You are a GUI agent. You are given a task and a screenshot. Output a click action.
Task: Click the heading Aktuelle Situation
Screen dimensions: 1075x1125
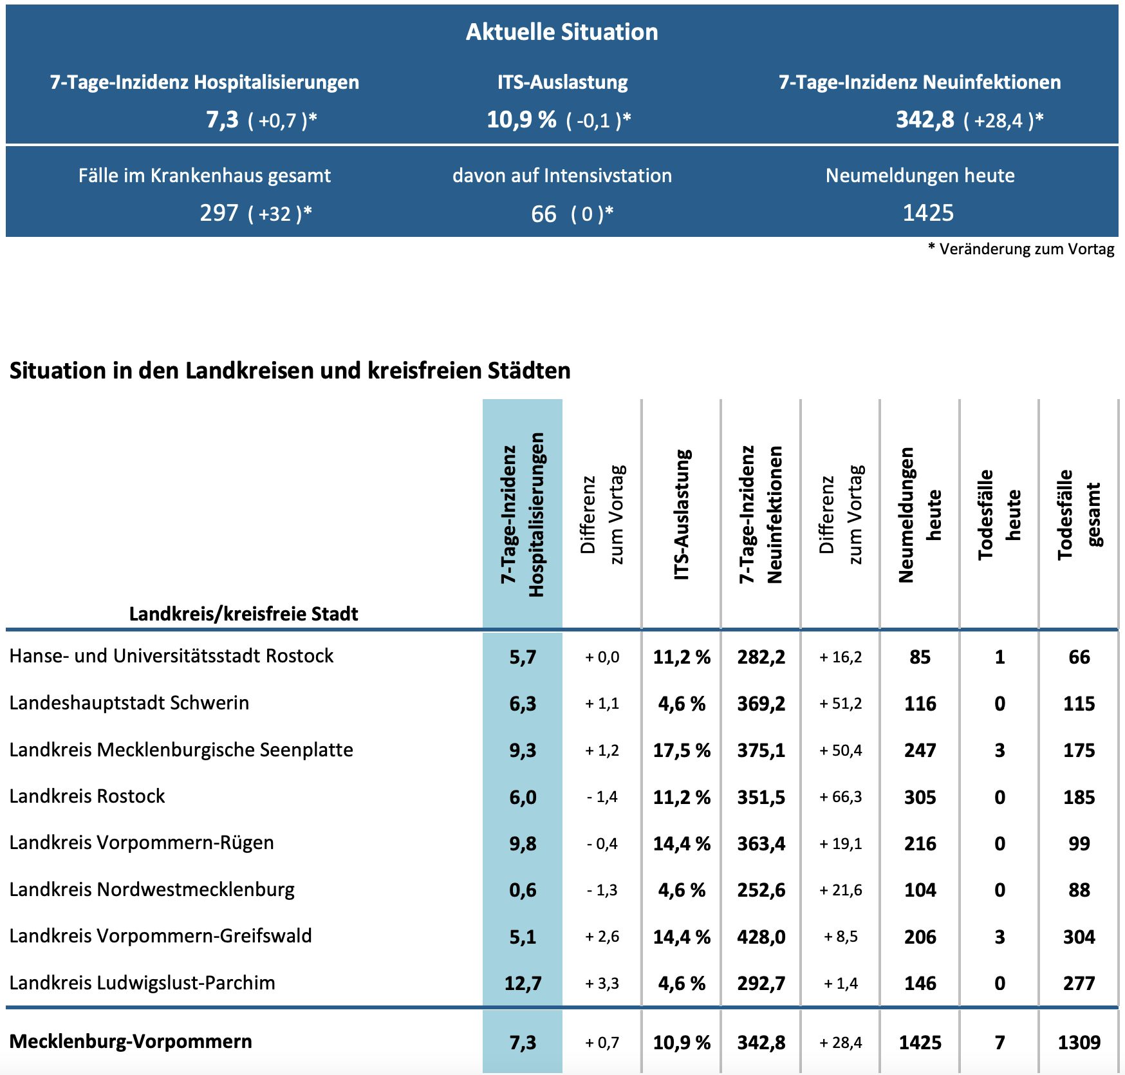click(x=562, y=32)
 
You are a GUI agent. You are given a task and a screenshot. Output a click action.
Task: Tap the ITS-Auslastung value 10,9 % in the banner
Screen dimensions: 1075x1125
click(x=521, y=120)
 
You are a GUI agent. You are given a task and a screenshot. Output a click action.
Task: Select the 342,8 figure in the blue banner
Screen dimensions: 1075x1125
click(x=925, y=120)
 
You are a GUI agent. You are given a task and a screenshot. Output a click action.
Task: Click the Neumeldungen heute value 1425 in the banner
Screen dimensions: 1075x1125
click(x=927, y=213)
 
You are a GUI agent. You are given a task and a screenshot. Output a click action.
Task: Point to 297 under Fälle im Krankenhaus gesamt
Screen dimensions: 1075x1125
click(x=219, y=213)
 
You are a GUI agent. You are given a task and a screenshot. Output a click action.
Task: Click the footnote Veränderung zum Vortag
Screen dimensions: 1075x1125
click(x=1026, y=249)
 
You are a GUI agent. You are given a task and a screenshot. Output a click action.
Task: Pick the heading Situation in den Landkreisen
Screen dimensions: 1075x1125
click(x=290, y=371)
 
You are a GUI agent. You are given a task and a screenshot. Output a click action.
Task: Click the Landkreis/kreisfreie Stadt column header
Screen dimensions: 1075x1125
click(x=243, y=613)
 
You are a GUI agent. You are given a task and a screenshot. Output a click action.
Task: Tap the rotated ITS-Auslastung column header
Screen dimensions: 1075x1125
click(x=681, y=515)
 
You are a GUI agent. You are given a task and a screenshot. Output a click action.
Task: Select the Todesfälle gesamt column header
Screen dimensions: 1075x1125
click(x=1079, y=515)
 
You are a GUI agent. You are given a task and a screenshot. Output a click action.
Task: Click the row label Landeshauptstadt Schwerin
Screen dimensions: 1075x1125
click(x=129, y=703)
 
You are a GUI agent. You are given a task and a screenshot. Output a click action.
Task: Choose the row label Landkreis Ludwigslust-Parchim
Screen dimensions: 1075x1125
click(x=142, y=983)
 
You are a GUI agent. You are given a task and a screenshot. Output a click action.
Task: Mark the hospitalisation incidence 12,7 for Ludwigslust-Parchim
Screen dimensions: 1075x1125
click(x=523, y=984)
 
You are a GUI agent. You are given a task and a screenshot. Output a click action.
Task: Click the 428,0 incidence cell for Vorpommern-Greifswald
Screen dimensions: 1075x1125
click(x=761, y=937)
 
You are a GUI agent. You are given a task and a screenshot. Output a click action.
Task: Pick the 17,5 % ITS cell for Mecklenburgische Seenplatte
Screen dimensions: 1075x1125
click(x=682, y=751)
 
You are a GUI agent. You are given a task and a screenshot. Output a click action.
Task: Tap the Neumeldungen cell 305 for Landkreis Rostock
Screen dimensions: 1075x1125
click(x=920, y=798)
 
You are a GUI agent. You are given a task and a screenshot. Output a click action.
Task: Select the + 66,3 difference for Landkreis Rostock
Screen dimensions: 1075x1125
click(x=841, y=798)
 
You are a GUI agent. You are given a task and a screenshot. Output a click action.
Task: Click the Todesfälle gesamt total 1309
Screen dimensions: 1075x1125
click(x=1079, y=1043)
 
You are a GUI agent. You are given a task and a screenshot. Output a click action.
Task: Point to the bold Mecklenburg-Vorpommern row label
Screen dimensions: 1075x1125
click(x=131, y=1042)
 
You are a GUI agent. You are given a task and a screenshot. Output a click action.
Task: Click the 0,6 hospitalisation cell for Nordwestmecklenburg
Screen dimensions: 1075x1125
click(x=523, y=890)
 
